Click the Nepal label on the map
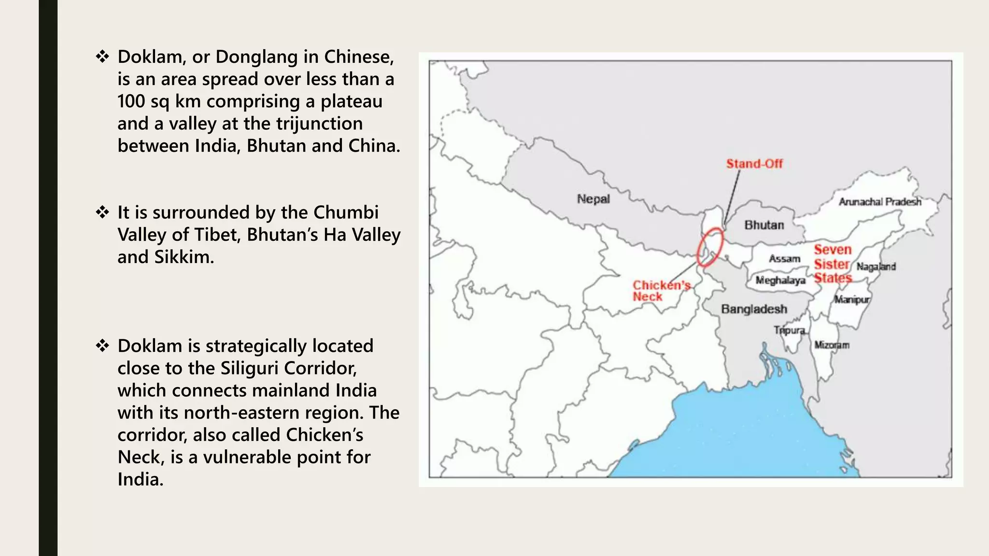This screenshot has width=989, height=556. pos(593,199)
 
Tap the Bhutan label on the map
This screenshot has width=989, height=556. pos(764,225)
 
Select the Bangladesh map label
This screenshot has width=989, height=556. pos(754,309)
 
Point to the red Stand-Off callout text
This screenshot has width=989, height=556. pos(754,164)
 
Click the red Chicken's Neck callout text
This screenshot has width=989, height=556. pos(661,291)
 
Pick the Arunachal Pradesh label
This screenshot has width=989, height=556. pos(880,202)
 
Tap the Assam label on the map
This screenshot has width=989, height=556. pos(784,259)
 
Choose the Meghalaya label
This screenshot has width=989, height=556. pos(780,280)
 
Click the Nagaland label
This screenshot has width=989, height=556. pos(876,266)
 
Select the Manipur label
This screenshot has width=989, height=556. pos(852,299)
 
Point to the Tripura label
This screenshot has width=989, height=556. pos(790,330)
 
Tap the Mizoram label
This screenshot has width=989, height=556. pos(832,345)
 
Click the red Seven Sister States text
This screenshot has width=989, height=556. pos(833,264)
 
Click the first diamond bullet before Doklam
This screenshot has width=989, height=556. pos(102,57)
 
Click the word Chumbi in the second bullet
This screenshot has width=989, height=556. pos(346,212)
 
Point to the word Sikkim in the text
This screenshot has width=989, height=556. pos(184,257)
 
